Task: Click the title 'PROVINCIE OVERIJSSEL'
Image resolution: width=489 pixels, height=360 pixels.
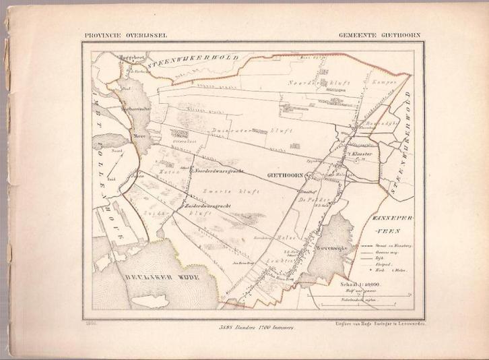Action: [126, 34]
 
